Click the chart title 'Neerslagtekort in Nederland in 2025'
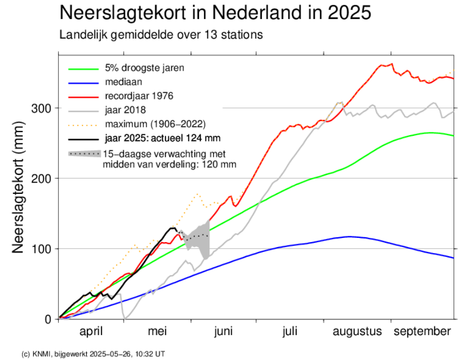coord(215,13)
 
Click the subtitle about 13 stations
coord(161,35)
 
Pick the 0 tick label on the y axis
coord(49,319)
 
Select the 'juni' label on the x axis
coord(223,331)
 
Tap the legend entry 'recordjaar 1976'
coord(139,96)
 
